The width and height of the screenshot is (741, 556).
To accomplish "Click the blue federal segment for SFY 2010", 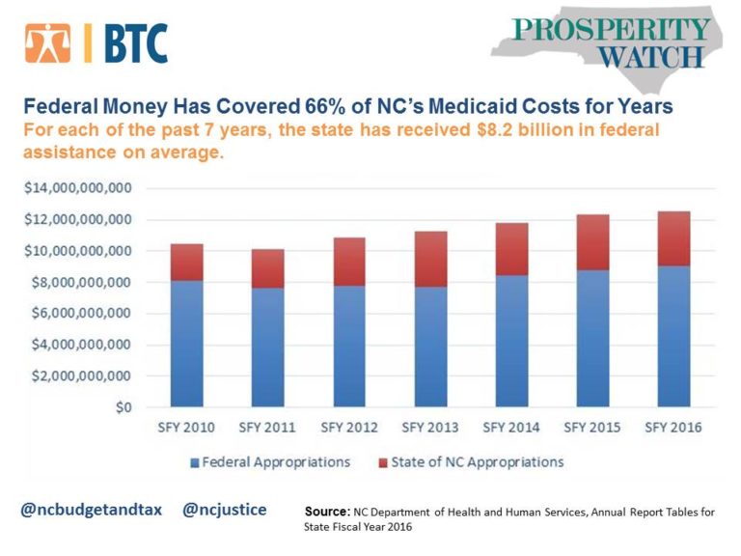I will [186, 343].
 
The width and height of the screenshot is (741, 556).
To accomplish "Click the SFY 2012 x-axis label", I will [349, 427].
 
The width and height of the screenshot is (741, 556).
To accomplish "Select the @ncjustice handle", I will [225, 509].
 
